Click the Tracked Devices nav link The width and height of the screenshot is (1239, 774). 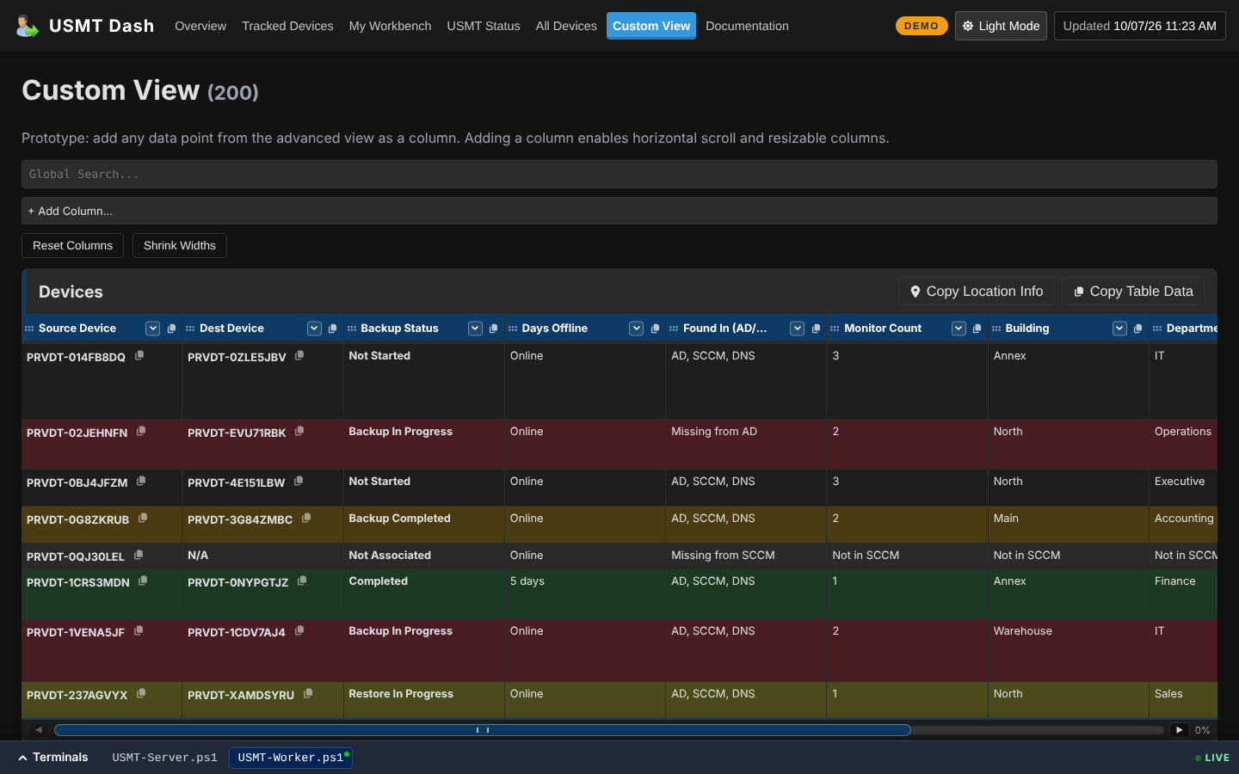coord(287,26)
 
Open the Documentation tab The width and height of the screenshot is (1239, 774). coord(747,26)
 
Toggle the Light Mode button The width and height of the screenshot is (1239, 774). coord(1001,26)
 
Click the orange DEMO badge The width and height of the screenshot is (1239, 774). coord(921,26)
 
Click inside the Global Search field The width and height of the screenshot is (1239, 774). coord(619,174)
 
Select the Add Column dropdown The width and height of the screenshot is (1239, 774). coord(619,211)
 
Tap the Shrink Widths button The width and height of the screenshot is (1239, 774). coord(179,245)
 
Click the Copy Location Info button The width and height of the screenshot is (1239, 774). coord(977,292)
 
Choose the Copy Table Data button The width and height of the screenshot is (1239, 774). coord(1133,292)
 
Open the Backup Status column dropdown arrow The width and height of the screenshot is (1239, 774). coord(475,329)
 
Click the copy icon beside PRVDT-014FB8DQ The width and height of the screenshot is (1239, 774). coord(139,355)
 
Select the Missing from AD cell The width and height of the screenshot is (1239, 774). coord(713,431)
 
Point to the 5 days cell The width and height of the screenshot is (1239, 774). coord(527,581)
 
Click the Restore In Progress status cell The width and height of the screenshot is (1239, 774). coord(400,694)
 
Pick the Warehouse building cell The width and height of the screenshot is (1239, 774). coord(1022,631)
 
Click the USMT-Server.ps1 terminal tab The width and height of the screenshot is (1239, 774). coord(164,758)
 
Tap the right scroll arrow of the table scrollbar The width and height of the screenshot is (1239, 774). coord(1179,730)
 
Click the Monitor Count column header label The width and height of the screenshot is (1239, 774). coord(882,329)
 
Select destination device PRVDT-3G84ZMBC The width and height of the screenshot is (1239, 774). coord(239,519)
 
